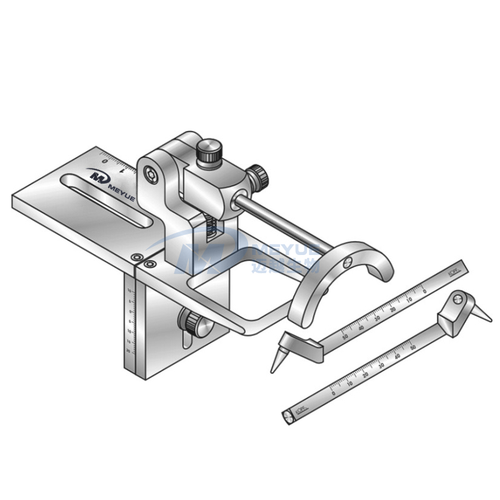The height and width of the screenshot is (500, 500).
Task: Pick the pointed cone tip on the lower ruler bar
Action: tap(484, 315)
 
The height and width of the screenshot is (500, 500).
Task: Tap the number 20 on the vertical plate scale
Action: tap(129, 351)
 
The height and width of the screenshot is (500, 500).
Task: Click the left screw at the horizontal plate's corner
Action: tap(136, 257)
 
